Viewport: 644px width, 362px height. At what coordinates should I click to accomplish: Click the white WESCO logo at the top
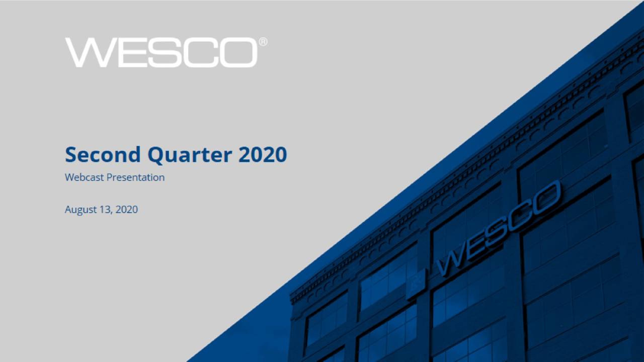(161, 52)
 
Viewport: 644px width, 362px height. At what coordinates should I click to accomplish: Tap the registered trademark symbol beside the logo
(263, 42)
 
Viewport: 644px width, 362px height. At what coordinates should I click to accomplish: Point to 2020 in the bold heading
(262, 154)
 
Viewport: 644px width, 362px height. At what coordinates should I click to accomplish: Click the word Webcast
(83, 177)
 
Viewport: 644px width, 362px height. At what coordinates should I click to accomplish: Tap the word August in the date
(80, 210)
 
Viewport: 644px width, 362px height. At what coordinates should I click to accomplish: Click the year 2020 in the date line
(126, 209)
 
